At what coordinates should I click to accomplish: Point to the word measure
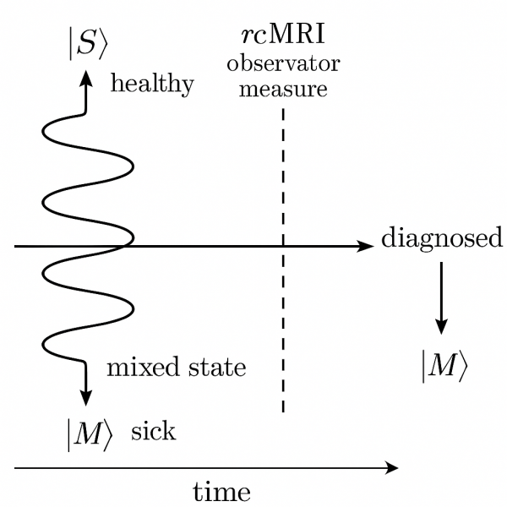(x=282, y=88)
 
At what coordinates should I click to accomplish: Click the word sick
(x=154, y=431)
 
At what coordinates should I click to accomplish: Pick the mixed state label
(x=176, y=368)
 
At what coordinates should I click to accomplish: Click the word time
(x=222, y=491)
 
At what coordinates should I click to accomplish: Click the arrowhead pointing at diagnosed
(x=365, y=246)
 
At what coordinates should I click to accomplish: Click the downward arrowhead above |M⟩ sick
(x=85, y=397)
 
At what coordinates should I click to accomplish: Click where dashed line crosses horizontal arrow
(x=282, y=246)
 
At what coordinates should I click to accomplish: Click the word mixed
(x=139, y=368)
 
